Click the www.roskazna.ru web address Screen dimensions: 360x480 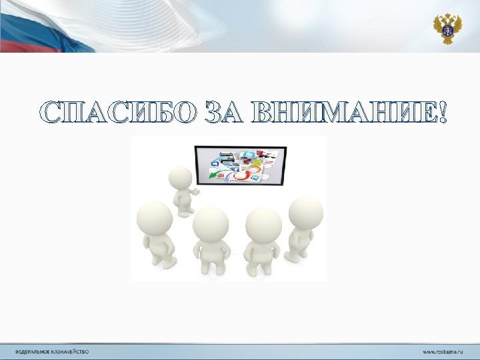tap(444, 351)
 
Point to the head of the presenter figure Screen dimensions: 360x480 tap(180, 178)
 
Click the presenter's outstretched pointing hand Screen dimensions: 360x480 tap(197, 191)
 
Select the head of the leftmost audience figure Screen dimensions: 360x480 tap(155, 219)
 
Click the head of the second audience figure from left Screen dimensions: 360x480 tap(211, 223)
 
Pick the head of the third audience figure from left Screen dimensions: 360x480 tap(263, 225)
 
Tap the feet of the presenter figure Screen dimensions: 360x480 tap(186, 211)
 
